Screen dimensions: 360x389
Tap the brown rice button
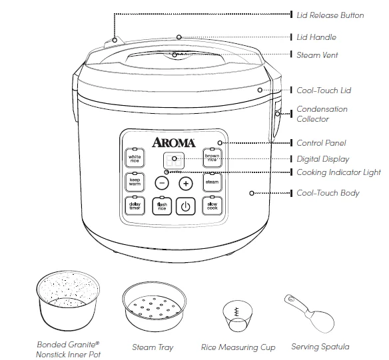coord(212,158)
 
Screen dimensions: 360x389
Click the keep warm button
coord(135,181)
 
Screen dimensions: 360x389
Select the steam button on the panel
coord(212,181)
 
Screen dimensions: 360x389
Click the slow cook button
coord(212,205)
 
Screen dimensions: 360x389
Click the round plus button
coord(185,182)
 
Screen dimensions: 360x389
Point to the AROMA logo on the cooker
coord(174,142)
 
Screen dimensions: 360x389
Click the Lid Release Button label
coord(329,15)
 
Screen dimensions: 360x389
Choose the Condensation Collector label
coord(322,114)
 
